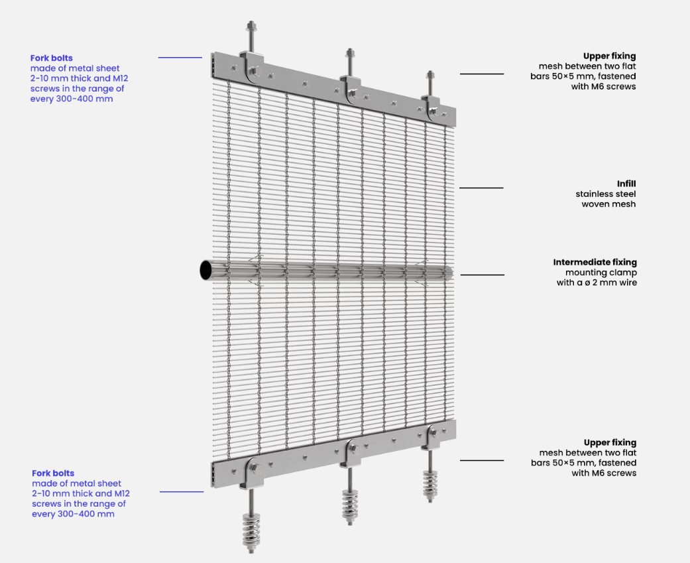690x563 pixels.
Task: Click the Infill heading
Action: [x=626, y=184]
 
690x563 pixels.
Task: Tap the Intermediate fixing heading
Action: [x=595, y=262]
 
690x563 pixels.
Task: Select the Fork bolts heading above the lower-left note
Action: [x=53, y=473]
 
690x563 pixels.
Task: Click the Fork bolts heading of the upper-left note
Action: [x=52, y=58]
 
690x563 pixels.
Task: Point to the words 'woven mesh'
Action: [x=608, y=204]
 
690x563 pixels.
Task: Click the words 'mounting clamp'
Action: [x=601, y=273]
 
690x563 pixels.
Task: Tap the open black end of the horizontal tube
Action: [x=205, y=270]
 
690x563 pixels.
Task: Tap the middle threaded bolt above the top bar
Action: [x=350, y=62]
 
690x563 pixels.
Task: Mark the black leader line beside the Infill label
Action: [x=481, y=188]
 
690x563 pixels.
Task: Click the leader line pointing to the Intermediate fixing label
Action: [x=483, y=275]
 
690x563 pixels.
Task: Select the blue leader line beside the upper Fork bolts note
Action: [x=180, y=58]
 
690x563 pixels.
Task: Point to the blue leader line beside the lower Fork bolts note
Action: [x=182, y=491]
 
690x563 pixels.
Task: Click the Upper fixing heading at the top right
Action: [x=610, y=56]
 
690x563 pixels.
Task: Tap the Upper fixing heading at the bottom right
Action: [x=610, y=443]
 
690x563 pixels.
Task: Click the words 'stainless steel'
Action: [x=606, y=194]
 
